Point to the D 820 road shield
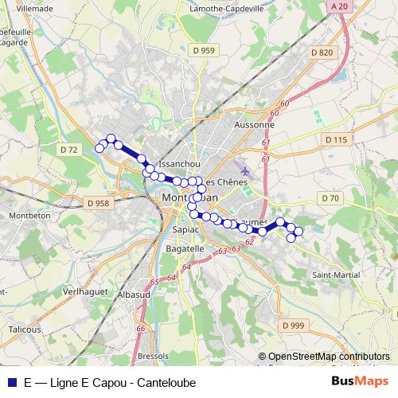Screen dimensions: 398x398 [322, 53]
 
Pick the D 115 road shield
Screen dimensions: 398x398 [337, 139]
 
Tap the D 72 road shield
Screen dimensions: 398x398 [69, 150]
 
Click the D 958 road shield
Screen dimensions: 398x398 [96, 204]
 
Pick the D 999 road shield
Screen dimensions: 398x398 [293, 326]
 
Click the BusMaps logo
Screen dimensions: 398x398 [361, 381]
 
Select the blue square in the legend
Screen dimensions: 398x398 [10, 382]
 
